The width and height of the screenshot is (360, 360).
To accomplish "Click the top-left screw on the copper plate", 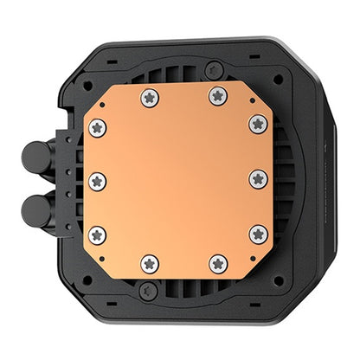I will coord(150,97).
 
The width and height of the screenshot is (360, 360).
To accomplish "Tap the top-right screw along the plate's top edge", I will coord(217,97).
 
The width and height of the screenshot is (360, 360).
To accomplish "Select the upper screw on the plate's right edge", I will coord(258,123).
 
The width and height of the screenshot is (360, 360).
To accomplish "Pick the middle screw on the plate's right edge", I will coord(258,179).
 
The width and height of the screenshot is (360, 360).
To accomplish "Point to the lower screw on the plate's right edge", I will coord(258,234).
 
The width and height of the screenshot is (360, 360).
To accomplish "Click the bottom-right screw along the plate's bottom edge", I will coord(217,262).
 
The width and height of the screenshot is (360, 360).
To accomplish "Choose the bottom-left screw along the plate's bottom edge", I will coord(150,262).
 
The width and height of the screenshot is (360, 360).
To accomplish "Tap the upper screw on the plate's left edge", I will coord(97,128).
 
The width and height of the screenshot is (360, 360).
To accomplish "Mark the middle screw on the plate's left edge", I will coord(97,181).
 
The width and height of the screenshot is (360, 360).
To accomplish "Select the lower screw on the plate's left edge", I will coord(97,235).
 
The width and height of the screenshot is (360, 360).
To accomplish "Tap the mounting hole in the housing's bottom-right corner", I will coord(277,279).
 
